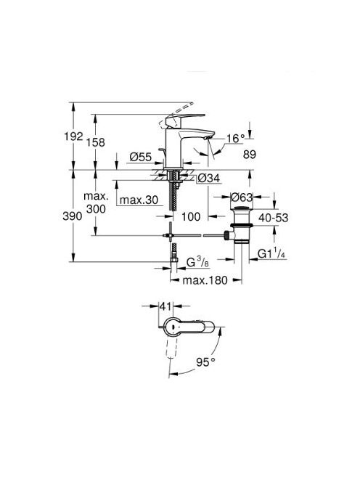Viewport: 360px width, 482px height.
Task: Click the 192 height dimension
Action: [x=73, y=136]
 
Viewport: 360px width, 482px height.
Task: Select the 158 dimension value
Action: [x=95, y=142]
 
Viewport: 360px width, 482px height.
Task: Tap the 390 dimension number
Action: [x=73, y=216]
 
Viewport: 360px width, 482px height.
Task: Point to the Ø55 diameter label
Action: [x=141, y=157]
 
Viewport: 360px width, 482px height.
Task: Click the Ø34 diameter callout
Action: [x=209, y=178]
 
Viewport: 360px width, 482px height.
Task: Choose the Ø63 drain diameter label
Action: [x=242, y=197]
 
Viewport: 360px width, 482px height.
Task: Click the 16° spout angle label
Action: [x=235, y=139]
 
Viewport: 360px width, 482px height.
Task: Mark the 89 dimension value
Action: [x=250, y=155]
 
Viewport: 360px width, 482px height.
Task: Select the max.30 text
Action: [x=139, y=200]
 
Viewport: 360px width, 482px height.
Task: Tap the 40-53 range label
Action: [x=274, y=218]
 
